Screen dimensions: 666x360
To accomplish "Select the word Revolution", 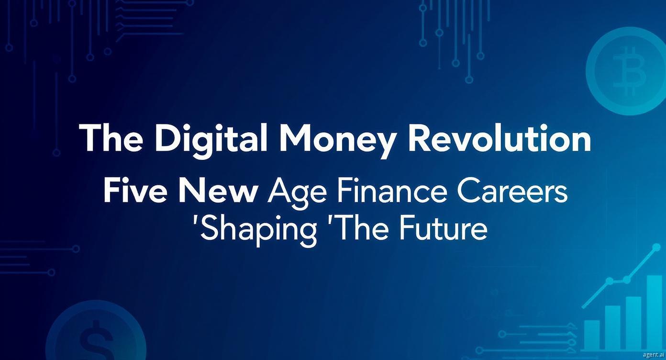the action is (500, 138).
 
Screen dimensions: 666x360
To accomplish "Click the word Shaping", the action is (256, 233).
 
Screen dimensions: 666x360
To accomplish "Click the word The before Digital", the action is (111, 138).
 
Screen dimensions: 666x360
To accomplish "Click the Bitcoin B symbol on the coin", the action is (629, 70).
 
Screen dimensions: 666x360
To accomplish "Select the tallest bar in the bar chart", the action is (654, 313).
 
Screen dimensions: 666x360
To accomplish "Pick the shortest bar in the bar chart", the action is (592, 335).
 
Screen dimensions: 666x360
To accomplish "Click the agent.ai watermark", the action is (653, 354).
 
